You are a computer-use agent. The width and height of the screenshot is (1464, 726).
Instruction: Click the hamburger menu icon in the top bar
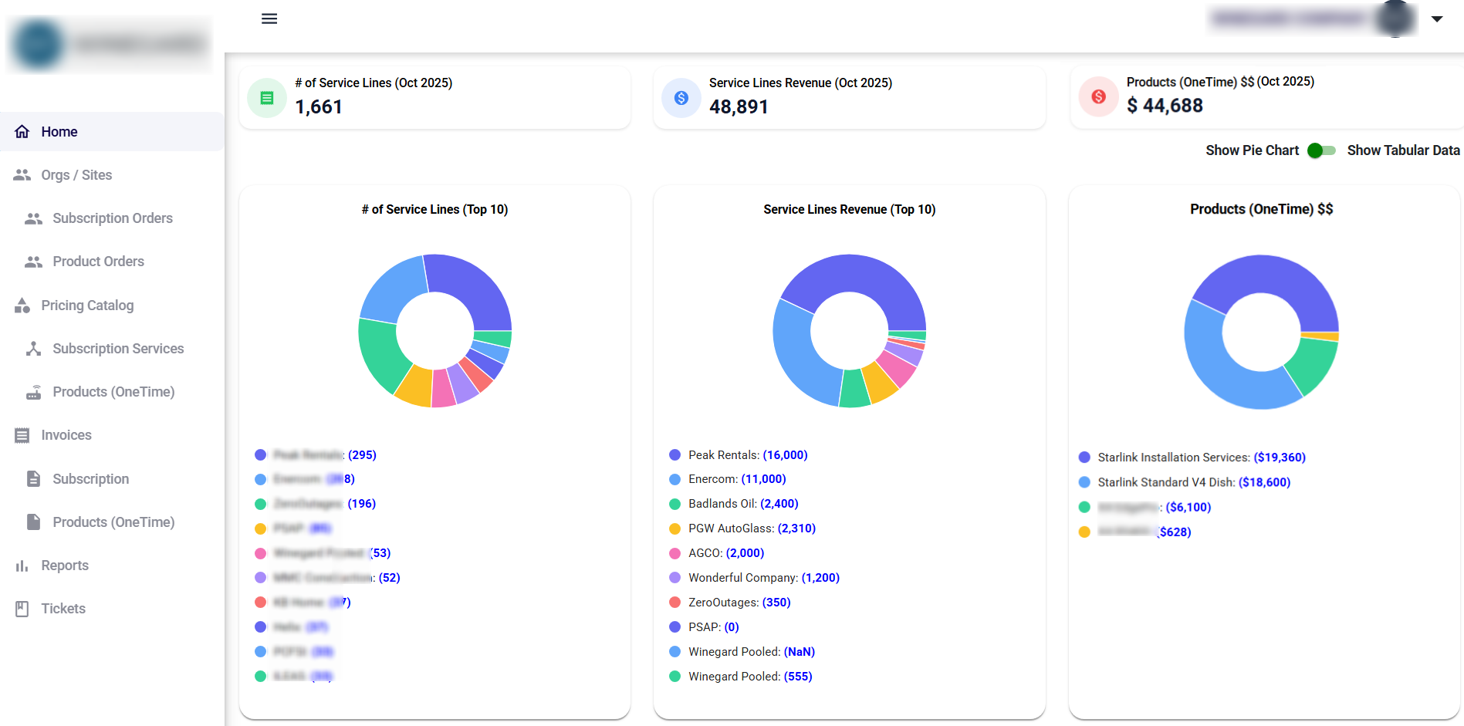tap(269, 19)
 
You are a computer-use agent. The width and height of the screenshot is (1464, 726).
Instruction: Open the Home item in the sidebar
tap(59, 132)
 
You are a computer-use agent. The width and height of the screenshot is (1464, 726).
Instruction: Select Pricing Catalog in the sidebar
tap(87, 306)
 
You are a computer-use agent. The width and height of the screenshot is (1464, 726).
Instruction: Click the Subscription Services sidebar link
tap(118, 349)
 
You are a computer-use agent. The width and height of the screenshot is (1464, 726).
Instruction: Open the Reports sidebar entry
tap(65, 566)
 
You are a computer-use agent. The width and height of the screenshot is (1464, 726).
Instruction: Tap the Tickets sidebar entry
tap(63, 609)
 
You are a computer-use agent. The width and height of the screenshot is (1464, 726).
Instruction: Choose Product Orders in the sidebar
tap(98, 262)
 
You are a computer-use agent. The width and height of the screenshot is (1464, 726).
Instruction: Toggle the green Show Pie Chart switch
tap(1322, 150)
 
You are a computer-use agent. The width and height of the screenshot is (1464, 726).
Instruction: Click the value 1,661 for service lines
tap(319, 107)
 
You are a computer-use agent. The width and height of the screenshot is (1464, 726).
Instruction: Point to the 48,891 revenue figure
tap(739, 107)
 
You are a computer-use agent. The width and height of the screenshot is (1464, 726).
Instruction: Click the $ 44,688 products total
tap(1165, 106)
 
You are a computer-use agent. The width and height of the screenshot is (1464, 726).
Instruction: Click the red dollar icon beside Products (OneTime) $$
tap(1098, 96)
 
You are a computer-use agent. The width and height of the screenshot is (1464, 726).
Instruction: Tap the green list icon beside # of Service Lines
tap(267, 98)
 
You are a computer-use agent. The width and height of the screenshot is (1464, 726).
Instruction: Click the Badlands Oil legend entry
tap(742, 504)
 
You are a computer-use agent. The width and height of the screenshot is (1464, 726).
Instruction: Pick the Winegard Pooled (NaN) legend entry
tap(751, 652)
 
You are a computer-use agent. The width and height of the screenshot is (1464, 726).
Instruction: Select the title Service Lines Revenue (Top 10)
tap(849, 209)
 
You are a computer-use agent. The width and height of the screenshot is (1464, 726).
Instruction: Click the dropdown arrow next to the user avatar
tap(1437, 19)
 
